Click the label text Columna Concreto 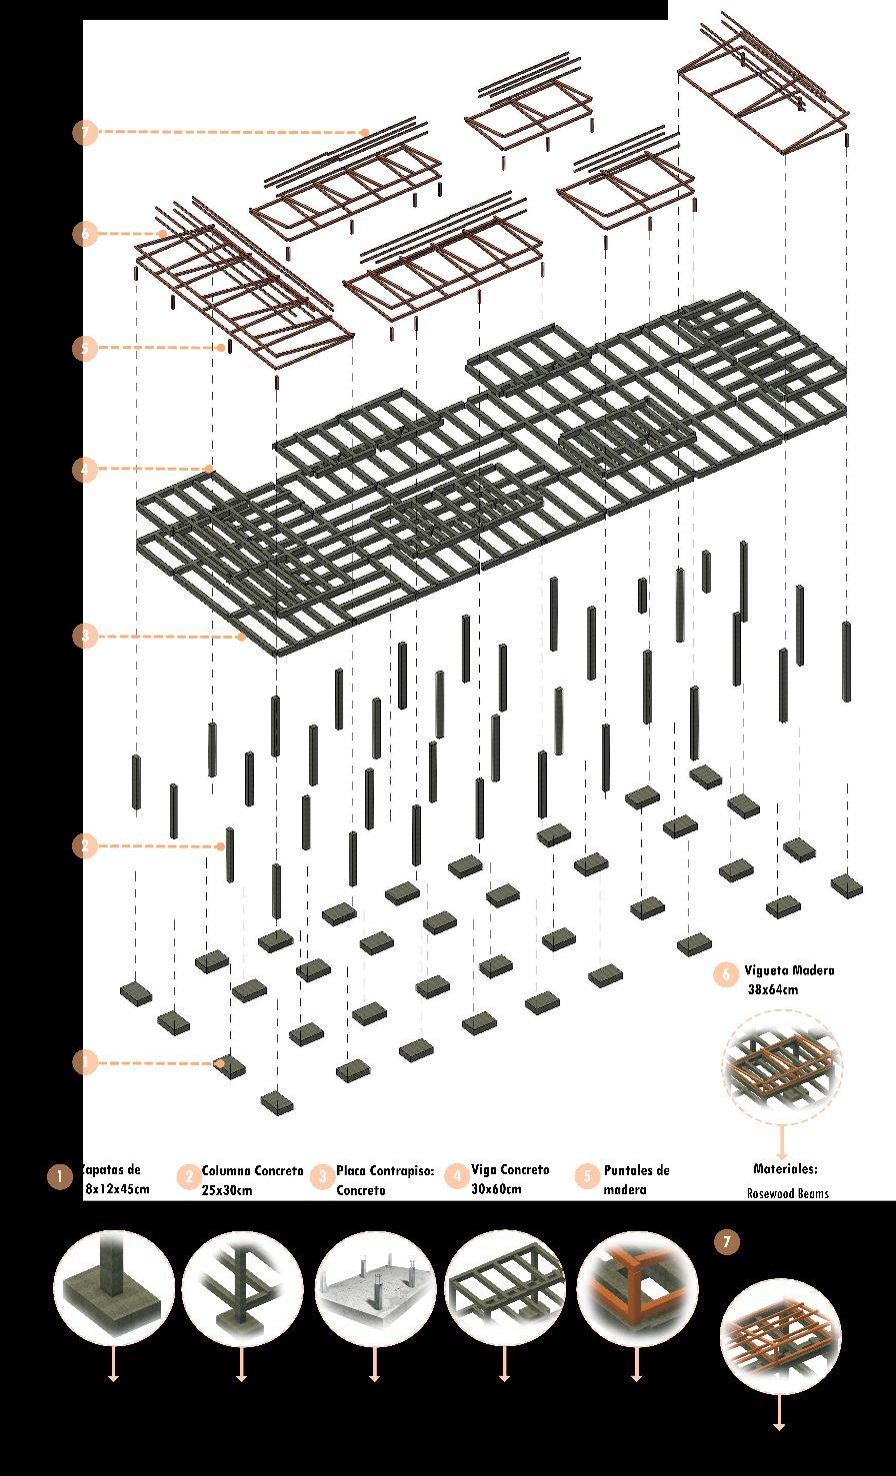(x=252, y=1170)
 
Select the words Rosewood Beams (x=787, y=1193)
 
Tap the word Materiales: (x=785, y=1168)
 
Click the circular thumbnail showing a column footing (x=114, y=1290)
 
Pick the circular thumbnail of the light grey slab (x=375, y=1290)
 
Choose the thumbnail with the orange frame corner (x=637, y=1290)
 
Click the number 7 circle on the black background (x=727, y=1242)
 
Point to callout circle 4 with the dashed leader (x=85, y=469)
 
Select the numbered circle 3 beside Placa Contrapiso (x=322, y=1176)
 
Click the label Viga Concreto (x=510, y=1169)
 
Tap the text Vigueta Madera (x=789, y=970)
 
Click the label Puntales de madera (x=636, y=1179)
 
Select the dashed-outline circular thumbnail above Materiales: (x=782, y=1068)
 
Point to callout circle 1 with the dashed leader (x=85, y=1062)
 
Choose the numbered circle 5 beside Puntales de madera (x=588, y=1176)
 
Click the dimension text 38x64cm (x=773, y=990)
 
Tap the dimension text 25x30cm (x=227, y=1190)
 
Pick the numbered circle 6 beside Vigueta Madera (x=726, y=974)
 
